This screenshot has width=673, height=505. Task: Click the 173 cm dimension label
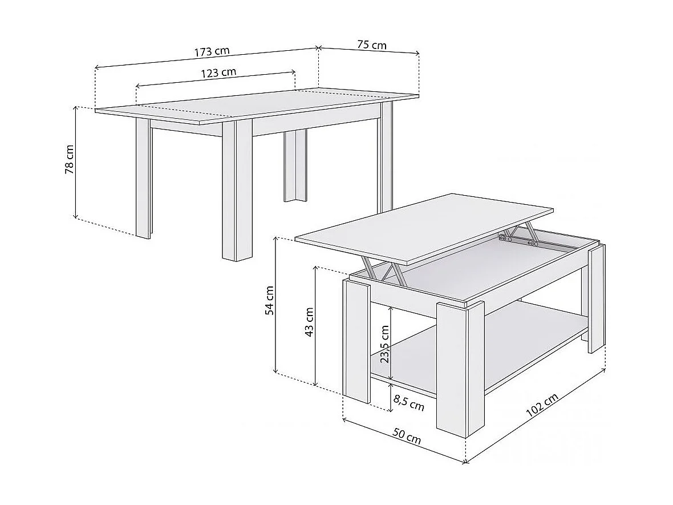coord(212,51)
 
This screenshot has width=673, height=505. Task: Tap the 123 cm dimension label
coord(218,72)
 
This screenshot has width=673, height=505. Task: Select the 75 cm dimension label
coord(371,45)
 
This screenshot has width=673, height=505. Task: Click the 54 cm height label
coord(270,300)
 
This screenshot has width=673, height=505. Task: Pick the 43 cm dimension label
coord(309,322)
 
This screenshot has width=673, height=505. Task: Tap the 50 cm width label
coord(407,437)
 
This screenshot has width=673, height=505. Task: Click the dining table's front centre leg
coord(237,191)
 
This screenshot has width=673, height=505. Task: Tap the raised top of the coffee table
coord(425,227)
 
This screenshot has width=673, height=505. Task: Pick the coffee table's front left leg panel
coord(357,340)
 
